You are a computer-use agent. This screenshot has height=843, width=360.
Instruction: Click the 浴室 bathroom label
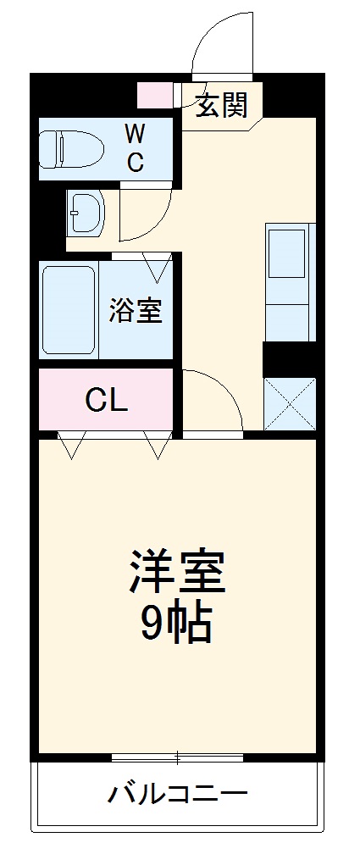click(x=135, y=311)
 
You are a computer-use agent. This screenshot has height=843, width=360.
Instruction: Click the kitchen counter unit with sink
click(x=289, y=282)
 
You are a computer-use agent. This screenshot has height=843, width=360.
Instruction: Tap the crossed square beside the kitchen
click(x=289, y=402)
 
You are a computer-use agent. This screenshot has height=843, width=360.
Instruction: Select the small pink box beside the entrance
click(x=154, y=95)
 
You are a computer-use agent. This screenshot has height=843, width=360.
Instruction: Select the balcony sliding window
click(x=178, y=757)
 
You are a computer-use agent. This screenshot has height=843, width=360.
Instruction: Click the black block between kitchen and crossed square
click(x=289, y=357)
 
